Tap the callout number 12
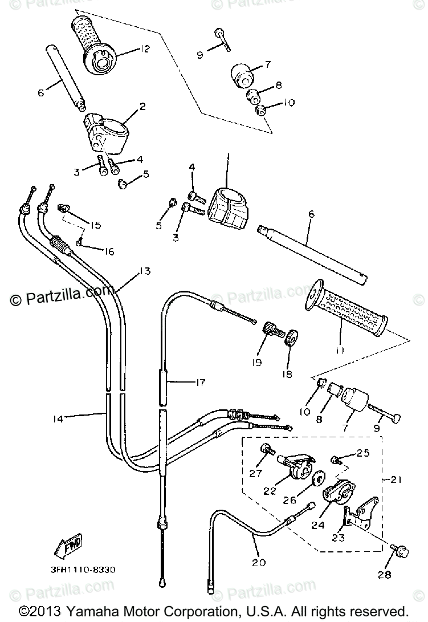tap(143, 50)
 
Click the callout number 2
tap(142, 106)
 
